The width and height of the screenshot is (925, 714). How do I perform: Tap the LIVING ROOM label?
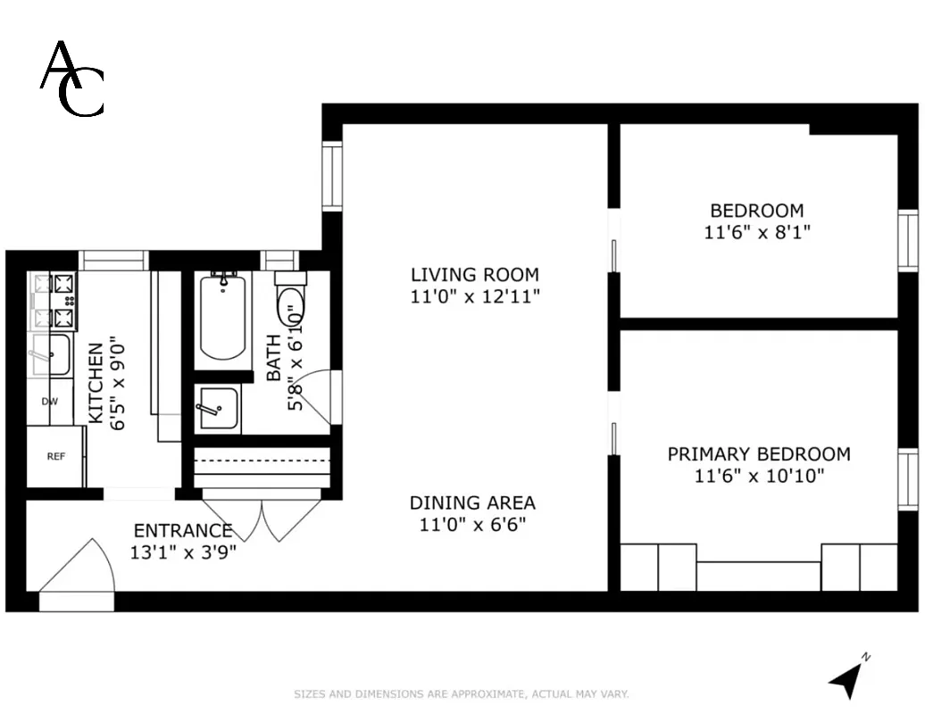tap(474, 275)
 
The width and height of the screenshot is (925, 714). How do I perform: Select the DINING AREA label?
tap(472, 502)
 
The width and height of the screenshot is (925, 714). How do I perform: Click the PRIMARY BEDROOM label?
tap(758, 454)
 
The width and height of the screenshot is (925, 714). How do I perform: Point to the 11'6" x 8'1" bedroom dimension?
tap(757, 232)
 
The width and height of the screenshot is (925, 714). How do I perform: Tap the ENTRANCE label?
tap(183, 531)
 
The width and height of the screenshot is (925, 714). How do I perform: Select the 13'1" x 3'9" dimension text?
tap(183, 552)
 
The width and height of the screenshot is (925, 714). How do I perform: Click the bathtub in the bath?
tap(222, 319)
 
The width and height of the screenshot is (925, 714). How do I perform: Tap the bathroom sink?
tap(217, 409)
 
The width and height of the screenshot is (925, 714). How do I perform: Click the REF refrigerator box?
tap(55, 456)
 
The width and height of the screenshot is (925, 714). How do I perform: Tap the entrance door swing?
tap(79, 571)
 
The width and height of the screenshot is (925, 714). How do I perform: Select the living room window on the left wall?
tap(332, 176)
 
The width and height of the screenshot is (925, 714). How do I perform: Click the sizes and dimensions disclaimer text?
tap(462, 693)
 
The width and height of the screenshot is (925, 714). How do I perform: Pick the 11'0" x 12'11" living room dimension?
tap(474, 296)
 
